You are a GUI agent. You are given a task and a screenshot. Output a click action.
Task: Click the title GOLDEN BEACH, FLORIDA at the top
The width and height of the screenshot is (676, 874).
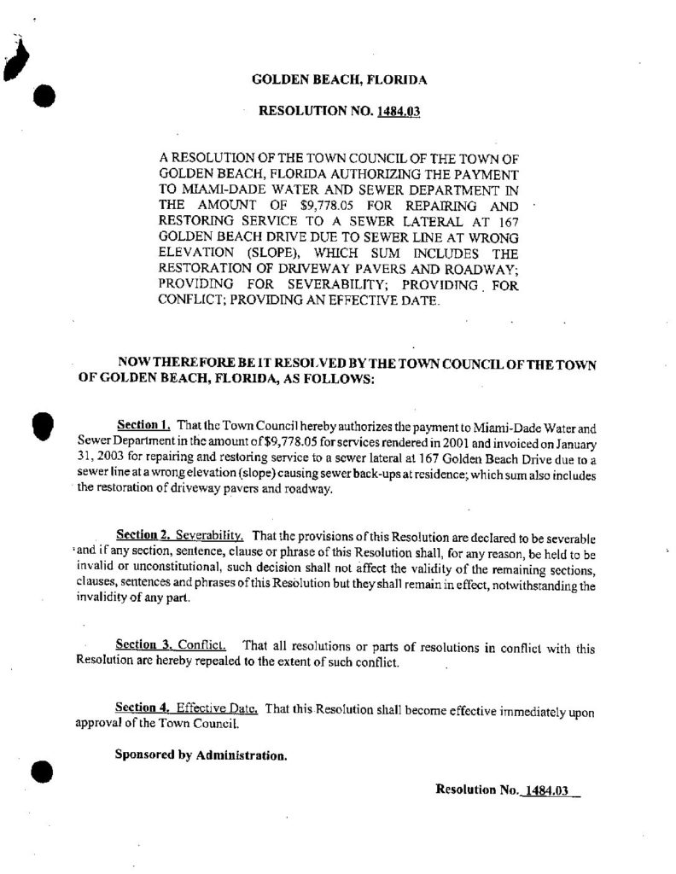340,80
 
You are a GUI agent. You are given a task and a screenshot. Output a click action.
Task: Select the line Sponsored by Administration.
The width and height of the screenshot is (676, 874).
201,755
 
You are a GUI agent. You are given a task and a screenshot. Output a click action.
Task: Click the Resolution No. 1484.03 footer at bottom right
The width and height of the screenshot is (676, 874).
507,790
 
